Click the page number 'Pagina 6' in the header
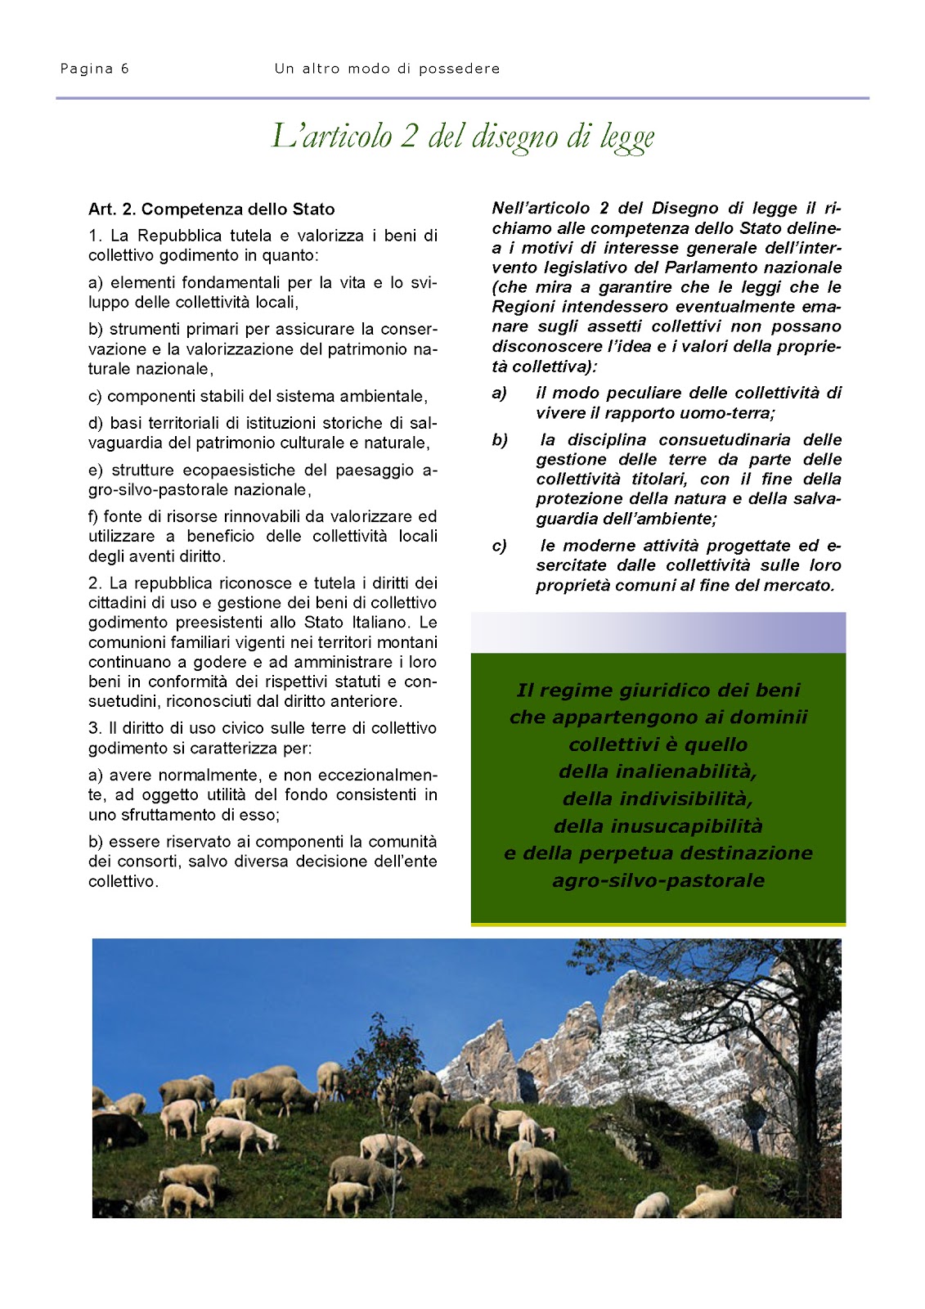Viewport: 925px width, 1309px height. [x=94, y=69]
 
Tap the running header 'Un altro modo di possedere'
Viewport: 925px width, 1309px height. [x=387, y=69]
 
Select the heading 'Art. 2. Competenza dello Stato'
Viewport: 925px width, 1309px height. [x=211, y=209]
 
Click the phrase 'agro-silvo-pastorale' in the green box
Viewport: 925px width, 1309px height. [x=658, y=881]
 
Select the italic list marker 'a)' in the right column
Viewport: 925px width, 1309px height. [x=499, y=394]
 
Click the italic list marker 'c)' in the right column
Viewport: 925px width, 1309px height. [x=499, y=546]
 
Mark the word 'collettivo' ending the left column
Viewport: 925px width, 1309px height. [x=122, y=882]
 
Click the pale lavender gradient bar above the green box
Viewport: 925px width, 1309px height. [x=658, y=632]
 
